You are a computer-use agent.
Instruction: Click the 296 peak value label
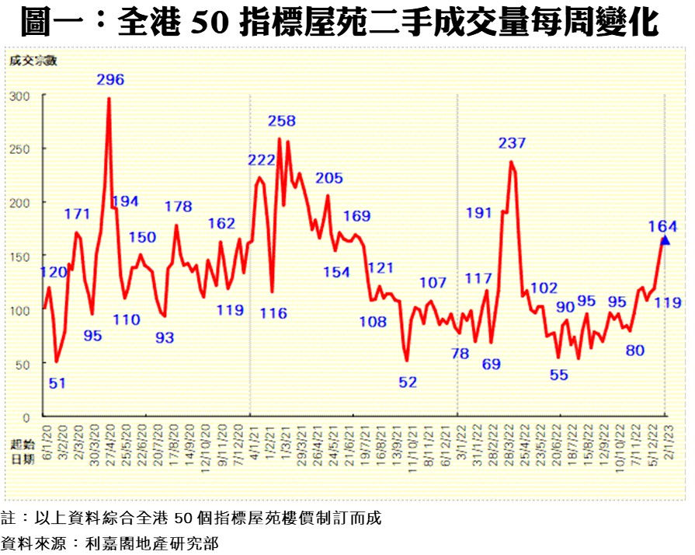click(110, 79)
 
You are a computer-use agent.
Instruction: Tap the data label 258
click(282, 121)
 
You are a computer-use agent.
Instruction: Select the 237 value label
click(513, 143)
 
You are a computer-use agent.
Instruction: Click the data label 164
click(663, 226)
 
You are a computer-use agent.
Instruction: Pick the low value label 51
click(57, 382)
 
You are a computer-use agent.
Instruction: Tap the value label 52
click(408, 382)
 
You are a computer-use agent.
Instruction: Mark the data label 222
click(262, 160)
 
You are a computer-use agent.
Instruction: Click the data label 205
click(329, 178)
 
